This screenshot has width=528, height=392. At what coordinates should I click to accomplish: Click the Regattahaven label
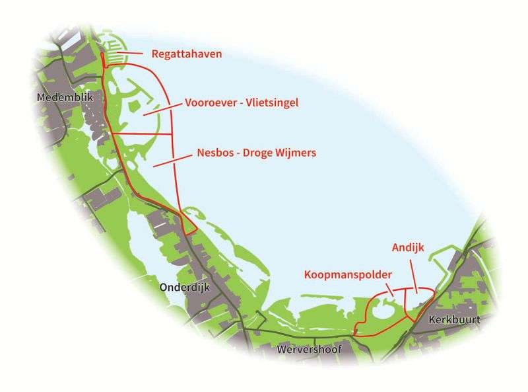187,54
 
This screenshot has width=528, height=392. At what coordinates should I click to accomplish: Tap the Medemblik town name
65,97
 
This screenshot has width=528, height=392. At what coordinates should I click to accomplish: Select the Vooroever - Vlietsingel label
242,103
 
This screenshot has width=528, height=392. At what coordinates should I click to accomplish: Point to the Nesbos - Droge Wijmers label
256,153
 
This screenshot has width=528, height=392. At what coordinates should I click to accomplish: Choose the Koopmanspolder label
348,274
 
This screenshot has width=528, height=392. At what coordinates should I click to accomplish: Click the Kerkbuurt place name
453,320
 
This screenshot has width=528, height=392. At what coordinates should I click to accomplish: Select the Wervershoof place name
310,348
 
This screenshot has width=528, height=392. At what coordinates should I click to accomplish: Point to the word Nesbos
215,153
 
